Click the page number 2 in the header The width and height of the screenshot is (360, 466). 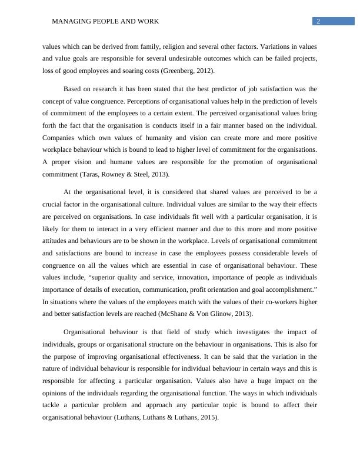click(318, 22)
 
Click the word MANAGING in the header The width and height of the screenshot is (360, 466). click(70, 22)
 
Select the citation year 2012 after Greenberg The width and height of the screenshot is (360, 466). click(204, 71)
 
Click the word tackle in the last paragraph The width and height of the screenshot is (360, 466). click(52, 405)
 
